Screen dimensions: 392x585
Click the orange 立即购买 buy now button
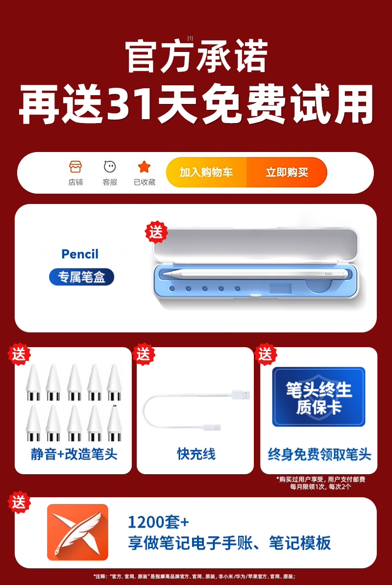[287, 173]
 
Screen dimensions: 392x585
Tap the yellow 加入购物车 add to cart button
[206, 173]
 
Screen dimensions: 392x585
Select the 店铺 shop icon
[75, 167]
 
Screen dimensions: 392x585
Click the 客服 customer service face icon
[110, 167]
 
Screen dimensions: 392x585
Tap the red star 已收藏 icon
[144, 167]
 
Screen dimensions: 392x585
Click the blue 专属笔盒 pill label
[81, 277]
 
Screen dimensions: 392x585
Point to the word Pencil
[80, 254]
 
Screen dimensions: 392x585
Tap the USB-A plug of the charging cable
[241, 394]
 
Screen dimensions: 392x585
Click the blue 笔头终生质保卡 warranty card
[318, 397]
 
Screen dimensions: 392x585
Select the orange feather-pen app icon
[77, 532]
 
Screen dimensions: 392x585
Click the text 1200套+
[158, 522]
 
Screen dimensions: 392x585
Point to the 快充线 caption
[196, 454]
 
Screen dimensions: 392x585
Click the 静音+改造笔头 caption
[74, 454]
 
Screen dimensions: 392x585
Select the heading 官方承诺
[196, 56]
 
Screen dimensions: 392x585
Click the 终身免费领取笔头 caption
[319, 455]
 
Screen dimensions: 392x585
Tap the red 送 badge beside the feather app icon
[20, 502]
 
